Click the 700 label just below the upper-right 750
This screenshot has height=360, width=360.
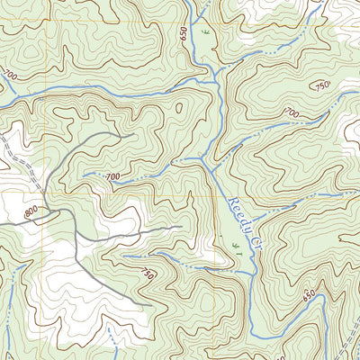coord(292,112)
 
